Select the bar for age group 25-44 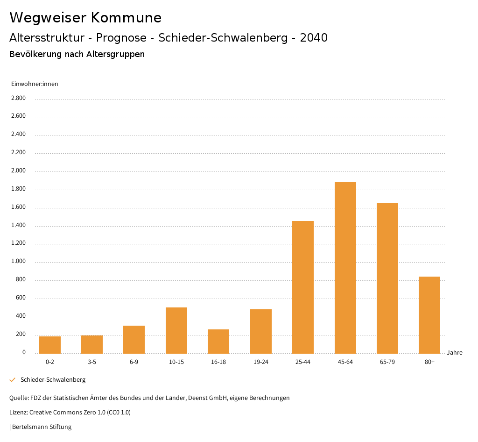click(x=303, y=287)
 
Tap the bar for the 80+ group click(x=429, y=315)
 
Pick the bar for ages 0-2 click(x=50, y=345)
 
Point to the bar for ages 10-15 click(x=176, y=330)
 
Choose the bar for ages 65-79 click(x=387, y=278)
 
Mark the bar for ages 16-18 click(x=218, y=342)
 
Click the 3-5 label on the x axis click(x=92, y=362)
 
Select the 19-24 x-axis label click(x=260, y=362)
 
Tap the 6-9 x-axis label click(x=134, y=362)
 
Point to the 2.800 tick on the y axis click(x=19, y=98)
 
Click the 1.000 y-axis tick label click(x=19, y=262)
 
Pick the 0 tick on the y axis click(x=24, y=352)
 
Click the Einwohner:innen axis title click(x=35, y=84)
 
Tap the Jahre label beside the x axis click(x=455, y=353)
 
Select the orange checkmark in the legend click(x=13, y=380)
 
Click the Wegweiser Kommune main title click(x=85, y=18)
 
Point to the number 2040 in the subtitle click(x=314, y=38)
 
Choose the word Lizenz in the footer click(x=18, y=413)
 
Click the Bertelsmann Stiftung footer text click(x=42, y=427)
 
